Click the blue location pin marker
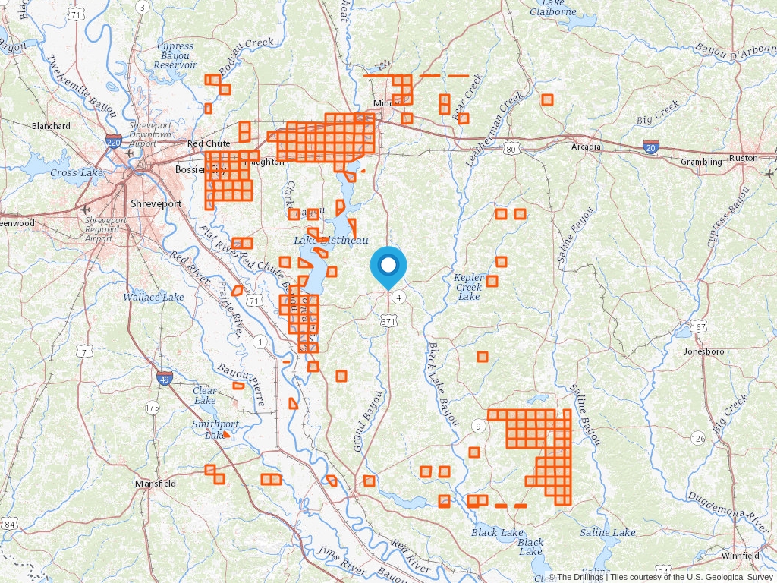click(x=388, y=267)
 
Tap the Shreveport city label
click(x=156, y=204)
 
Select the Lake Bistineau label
click(x=331, y=240)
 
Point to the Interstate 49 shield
click(x=164, y=377)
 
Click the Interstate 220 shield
click(x=114, y=142)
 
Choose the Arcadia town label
click(x=586, y=147)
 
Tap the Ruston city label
click(x=743, y=158)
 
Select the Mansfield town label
click(x=156, y=484)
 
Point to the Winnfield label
click(x=740, y=556)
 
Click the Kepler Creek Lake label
click(x=469, y=287)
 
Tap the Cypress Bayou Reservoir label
click(x=175, y=56)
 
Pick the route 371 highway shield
click(x=388, y=322)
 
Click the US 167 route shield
click(x=699, y=326)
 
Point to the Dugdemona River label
click(x=728, y=509)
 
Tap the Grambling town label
click(x=701, y=162)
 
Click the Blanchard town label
click(x=51, y=126)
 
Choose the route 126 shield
click(x=698, y=438)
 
